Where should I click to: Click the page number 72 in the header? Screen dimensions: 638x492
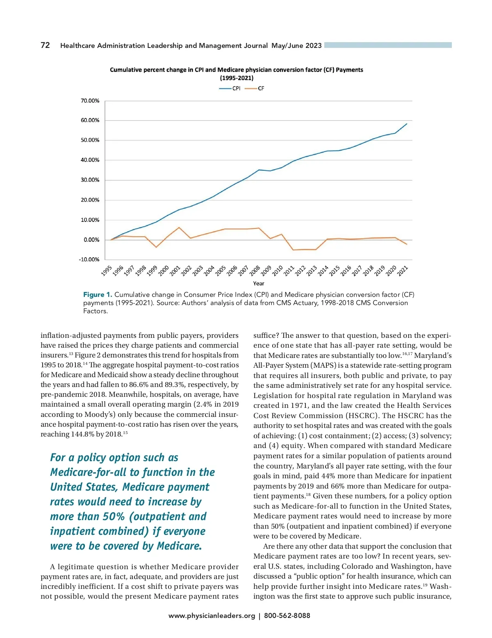45,45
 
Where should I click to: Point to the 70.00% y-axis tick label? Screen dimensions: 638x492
90,101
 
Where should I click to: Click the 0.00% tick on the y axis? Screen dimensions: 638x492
91,240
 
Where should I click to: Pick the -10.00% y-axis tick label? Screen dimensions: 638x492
89,260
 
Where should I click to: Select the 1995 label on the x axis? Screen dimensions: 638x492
107,271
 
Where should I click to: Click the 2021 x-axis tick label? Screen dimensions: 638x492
403,271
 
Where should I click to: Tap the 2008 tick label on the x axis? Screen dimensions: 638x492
255,271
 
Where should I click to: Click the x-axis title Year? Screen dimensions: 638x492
259,283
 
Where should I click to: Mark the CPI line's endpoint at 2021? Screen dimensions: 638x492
407,124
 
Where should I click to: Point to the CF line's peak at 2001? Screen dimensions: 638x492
179,227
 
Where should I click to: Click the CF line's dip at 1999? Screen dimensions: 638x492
156,247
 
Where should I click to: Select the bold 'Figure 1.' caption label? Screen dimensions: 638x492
98,295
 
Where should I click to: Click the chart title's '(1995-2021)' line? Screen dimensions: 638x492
237,78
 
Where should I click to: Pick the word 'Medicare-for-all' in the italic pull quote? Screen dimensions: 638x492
88,473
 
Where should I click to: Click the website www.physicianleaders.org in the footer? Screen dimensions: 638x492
212,616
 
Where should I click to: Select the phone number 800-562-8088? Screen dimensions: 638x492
287,616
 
